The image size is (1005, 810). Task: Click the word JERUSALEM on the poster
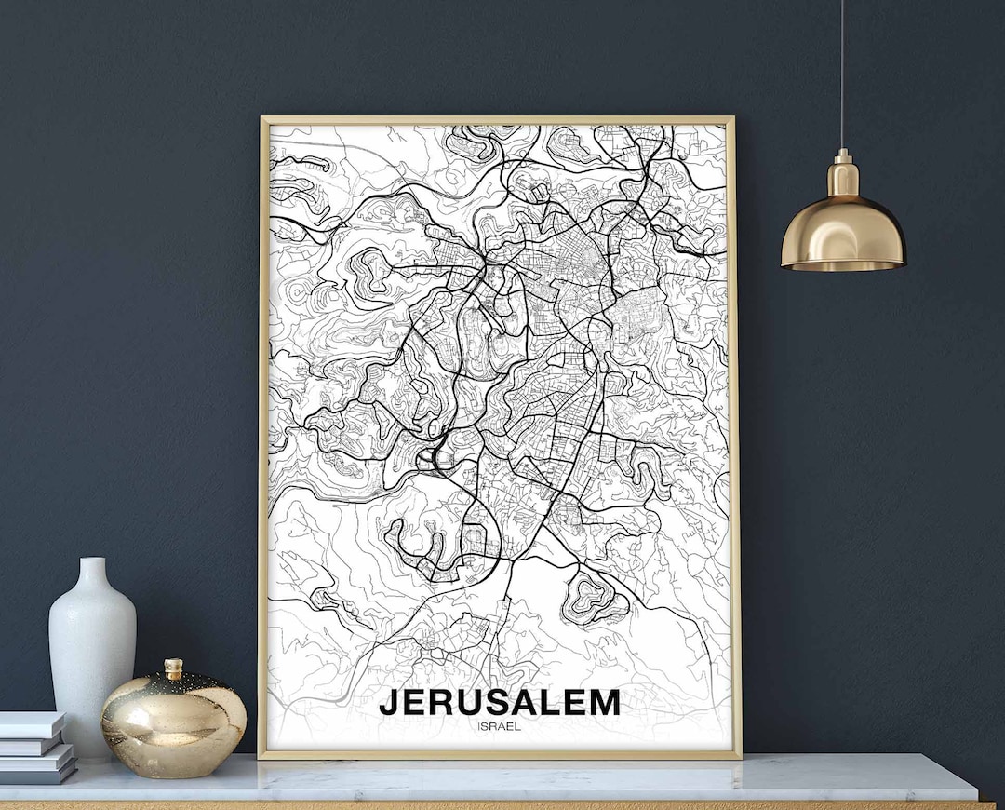500,702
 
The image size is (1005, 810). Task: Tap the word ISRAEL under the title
498,726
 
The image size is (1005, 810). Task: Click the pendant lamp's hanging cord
842,74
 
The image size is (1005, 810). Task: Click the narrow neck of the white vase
92,574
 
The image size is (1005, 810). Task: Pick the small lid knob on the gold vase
173,668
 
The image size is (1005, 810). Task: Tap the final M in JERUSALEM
603,702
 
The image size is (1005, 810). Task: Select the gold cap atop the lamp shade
843,175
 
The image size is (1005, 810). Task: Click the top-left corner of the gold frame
262,119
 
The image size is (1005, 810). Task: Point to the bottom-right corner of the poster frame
739,756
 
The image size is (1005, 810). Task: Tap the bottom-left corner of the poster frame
261,756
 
